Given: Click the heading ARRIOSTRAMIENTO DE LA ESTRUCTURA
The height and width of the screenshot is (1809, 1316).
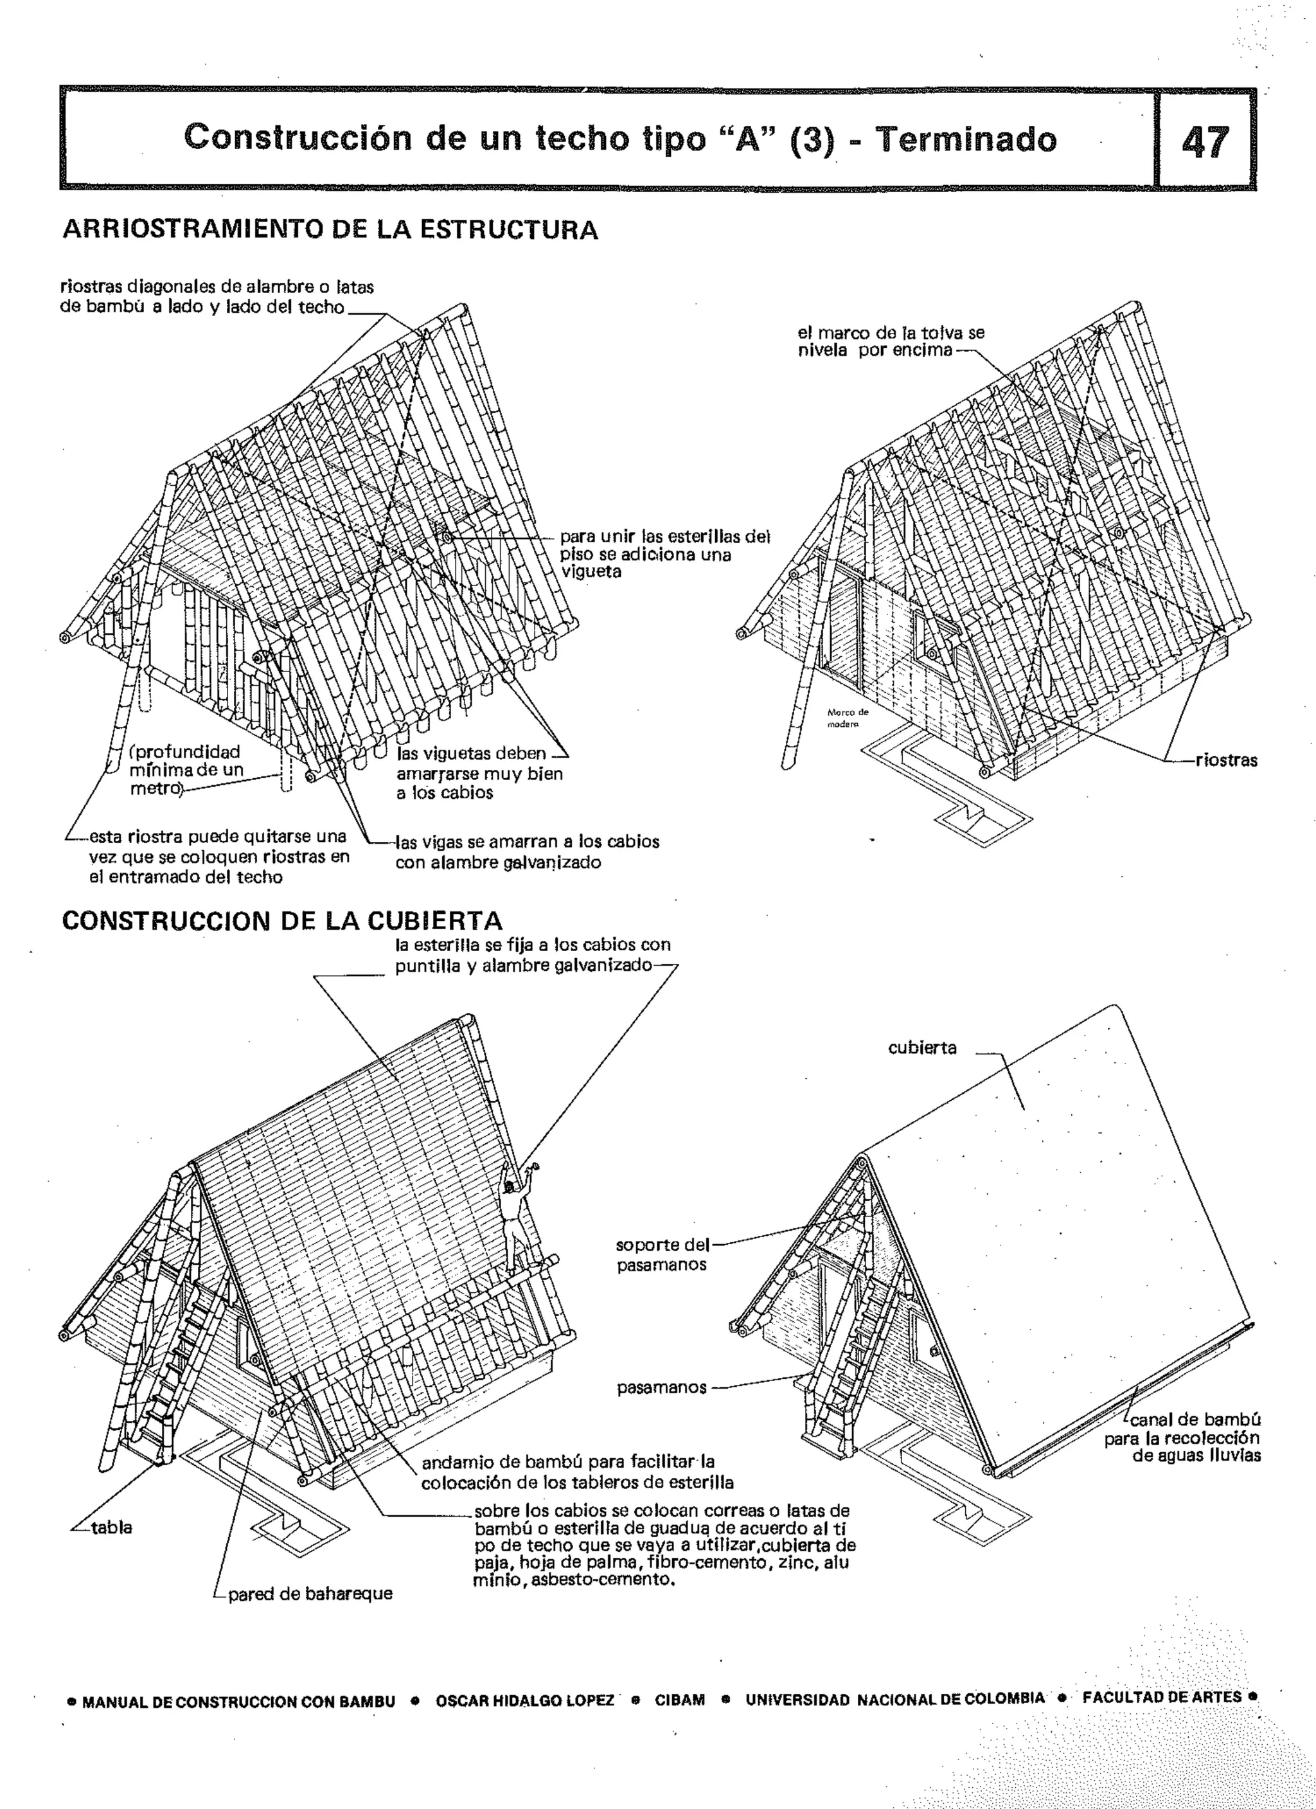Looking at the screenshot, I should point(330,229).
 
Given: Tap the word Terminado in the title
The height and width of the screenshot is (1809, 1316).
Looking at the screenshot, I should point(965,139).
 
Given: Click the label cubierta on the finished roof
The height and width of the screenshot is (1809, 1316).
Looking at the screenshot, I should point(922,1047).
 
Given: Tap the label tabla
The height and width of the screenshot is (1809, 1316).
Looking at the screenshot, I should point(111,1528).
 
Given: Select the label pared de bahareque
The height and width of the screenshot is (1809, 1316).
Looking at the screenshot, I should point(310,1594).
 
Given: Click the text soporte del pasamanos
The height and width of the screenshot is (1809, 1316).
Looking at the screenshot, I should point(662,1254).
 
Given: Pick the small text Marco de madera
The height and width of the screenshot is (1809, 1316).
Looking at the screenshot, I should point(848,718).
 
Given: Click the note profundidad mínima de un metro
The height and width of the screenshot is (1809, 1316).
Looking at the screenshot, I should point(185,770).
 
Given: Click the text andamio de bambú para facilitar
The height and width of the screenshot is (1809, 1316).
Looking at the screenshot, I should point(568,1463).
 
